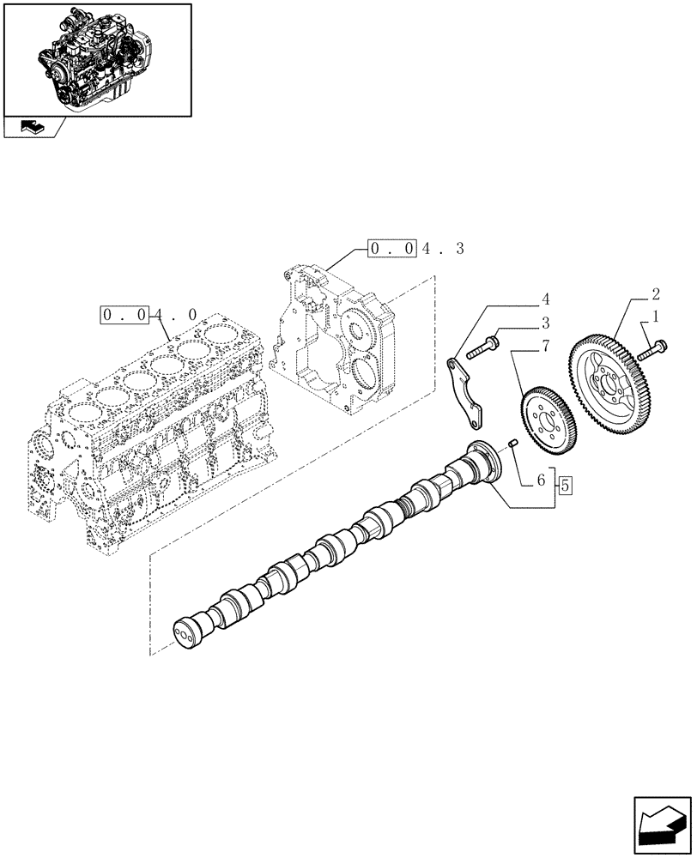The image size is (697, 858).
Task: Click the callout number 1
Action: tap(657, 317)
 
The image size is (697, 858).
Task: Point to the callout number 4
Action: tap(544, 299)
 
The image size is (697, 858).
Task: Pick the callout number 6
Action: tap(542, 482)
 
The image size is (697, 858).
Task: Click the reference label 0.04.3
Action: tap(416, 249)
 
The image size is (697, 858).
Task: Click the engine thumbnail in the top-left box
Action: tap(96, 58)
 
